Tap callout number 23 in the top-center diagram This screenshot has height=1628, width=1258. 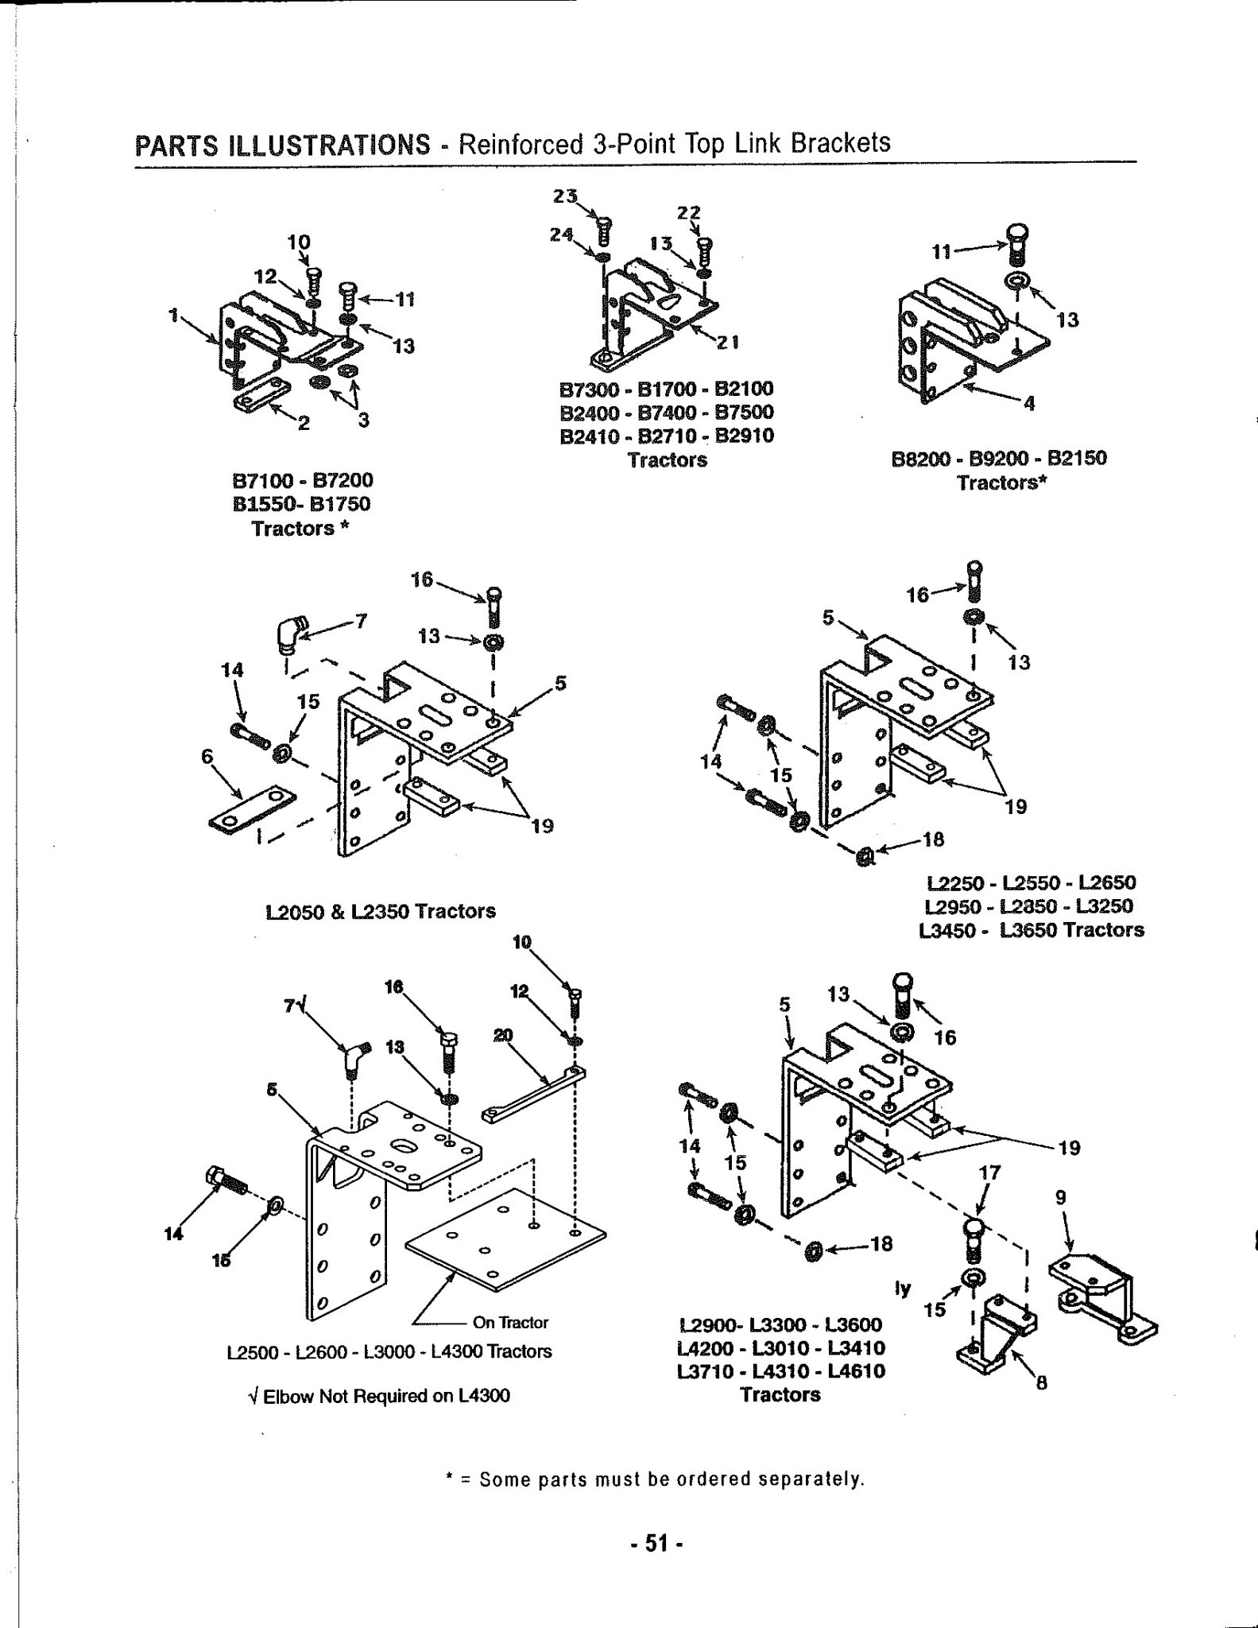click(x=567, y=195)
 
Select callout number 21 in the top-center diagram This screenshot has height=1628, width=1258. click(x=728, y=343)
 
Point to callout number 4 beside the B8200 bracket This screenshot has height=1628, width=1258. click(x=1030, y=404)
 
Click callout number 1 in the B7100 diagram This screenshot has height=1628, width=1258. click(x=172, y=315)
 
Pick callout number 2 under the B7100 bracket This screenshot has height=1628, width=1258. click(x=303, y=423)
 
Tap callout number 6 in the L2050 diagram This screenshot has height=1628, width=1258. click(x=208, y=757)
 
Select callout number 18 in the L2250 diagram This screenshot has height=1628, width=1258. click(x=933, y=839)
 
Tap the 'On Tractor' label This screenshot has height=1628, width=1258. click(x=510, y=1323)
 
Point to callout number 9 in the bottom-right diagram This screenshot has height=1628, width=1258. click(x=1060, y=1197)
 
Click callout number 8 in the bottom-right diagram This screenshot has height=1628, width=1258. click(x=1042, y=1383)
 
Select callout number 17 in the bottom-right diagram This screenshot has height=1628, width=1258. click(x=990, y=1173)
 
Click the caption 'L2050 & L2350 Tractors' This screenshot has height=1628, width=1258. click(x=381, y=911)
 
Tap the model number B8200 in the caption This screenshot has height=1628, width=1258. click(x=923, y=459)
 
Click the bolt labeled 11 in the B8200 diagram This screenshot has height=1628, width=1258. click(x=1017, y=245)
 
